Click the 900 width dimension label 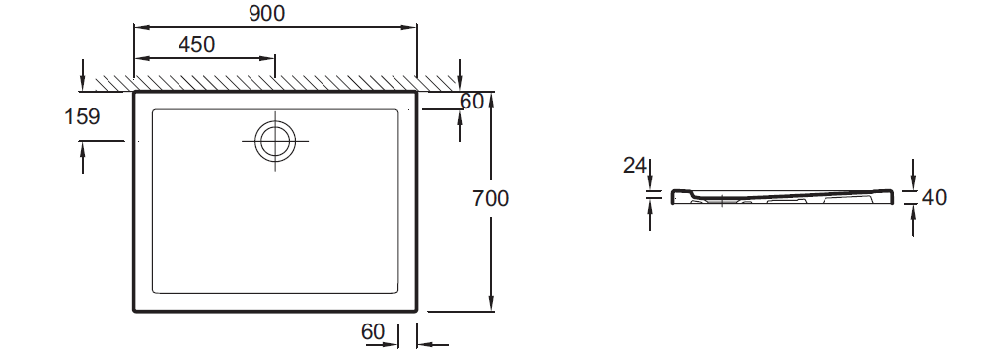pyautogui.click(x=267, y=13)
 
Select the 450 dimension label pyautogui.click(x=196, y=44)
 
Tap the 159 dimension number pyautogui.click(x=82, y=116)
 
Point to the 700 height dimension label pyautogui.click(x=491, y=198)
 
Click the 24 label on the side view pyautogui.click(x=635, y=166)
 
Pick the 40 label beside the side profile pyautogui.click(x=934, y=197)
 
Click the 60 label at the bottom pyautogui.click(x=373, y=331)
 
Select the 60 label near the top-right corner pyautogui.click(x=471, y=101)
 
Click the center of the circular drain pyautogui.click(x=275, y=141)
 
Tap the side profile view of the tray pyautogui.click(x=782, y=197)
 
